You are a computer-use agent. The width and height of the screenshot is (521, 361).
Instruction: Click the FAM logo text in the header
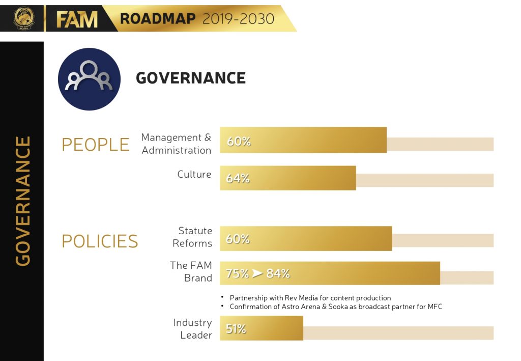(x=76, y=19)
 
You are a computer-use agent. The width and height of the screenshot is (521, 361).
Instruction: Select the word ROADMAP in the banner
(x=158, y=19)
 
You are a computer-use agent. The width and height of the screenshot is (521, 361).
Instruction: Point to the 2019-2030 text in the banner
(x=238, y=19)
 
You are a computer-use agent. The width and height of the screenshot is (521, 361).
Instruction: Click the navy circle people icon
(x=89, y=79)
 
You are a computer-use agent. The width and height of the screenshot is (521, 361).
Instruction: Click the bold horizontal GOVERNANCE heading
(x=191, y=78)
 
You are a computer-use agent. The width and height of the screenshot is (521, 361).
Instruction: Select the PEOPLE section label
(x=96, y=145)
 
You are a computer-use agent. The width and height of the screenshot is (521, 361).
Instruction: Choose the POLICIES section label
(x=100, y=241)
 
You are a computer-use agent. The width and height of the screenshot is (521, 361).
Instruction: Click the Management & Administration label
(x=176, y=144)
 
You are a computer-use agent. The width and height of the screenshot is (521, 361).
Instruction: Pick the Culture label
(x=194, y=174)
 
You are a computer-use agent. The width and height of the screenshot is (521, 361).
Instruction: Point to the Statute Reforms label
(x=192, y=237)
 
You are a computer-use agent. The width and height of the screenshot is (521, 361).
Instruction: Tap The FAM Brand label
(x=191, y=271)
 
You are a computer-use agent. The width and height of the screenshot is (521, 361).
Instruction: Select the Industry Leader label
(x=192, y=329)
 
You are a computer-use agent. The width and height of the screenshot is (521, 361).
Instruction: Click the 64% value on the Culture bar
(x=238, y=179)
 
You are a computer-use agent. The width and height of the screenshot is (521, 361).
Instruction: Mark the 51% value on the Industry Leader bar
(x=236, y=329)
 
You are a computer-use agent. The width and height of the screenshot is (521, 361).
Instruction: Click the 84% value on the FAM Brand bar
(x=278, y=273)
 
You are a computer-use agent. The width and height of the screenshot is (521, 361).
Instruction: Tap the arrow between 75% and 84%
(x=257, y=273)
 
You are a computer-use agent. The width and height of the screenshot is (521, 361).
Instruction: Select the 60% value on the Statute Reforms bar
(x=238, y=239)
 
